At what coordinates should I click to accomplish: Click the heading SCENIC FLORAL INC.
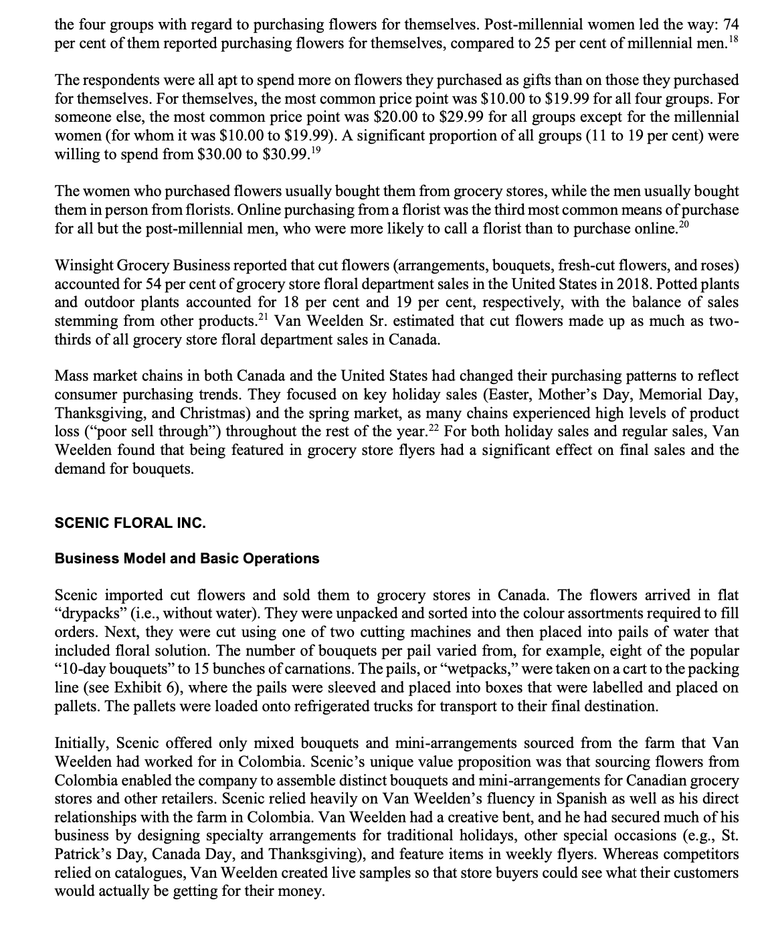130,523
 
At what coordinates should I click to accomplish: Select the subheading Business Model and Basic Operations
187,559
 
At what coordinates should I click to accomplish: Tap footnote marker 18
734,39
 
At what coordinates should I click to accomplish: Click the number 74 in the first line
730,25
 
